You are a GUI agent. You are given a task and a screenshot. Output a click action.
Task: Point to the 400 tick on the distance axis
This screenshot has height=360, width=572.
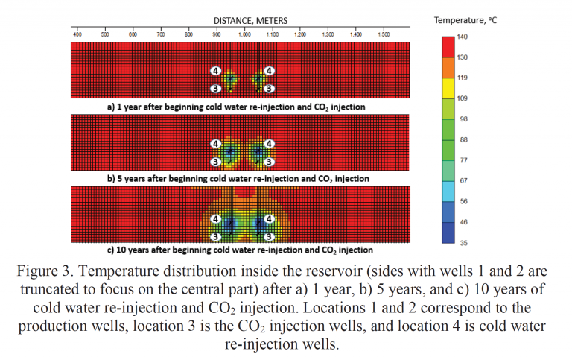pos(77,34)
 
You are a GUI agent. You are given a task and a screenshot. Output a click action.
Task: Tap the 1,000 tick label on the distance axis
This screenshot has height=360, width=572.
pos(244,34)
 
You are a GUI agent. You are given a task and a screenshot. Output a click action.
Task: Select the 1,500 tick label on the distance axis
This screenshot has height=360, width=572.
pos(384,34)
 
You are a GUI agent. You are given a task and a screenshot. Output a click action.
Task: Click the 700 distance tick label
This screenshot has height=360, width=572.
pos(161,34)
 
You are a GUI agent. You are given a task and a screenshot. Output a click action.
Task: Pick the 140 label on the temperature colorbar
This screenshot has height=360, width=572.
pos(461,37)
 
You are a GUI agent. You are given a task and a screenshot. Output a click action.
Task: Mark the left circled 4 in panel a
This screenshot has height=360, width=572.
pos(216,71)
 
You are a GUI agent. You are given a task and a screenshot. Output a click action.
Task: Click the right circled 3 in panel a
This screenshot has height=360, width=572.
pos(270,89)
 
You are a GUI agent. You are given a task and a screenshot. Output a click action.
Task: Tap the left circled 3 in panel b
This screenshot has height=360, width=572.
pos(216,162)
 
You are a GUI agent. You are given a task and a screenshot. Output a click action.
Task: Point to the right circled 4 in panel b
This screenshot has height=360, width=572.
pos(270,143)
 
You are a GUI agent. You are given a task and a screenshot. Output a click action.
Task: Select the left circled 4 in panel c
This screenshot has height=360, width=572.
pos(216,219)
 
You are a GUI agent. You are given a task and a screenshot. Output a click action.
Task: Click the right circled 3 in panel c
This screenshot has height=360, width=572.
pos(270,236)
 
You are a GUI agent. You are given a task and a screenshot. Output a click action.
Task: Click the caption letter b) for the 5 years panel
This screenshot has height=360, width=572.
pos(111,179)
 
